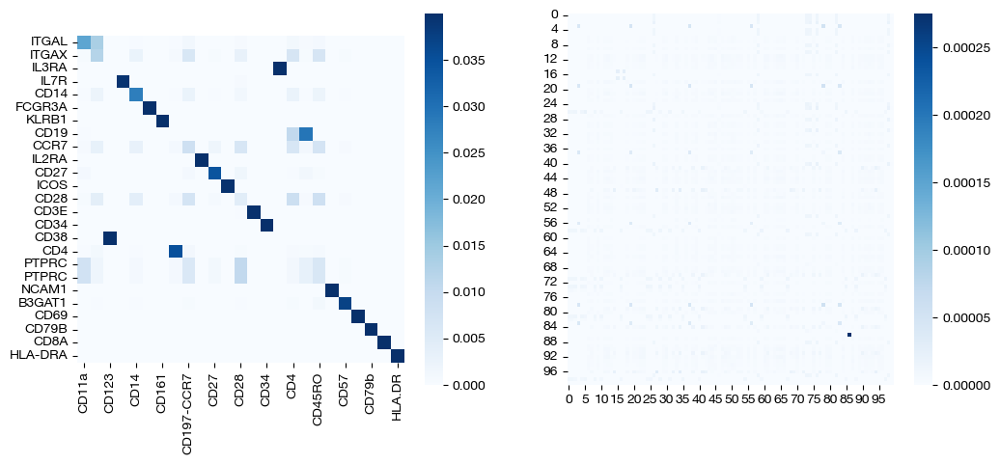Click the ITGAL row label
50,41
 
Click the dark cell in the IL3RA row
280,68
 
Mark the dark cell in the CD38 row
110,238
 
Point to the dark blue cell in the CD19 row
306,133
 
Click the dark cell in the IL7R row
123,81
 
